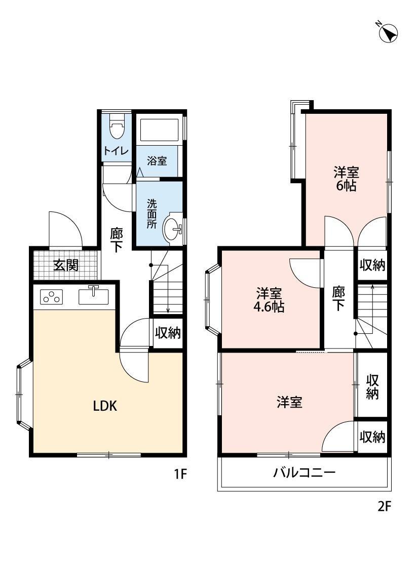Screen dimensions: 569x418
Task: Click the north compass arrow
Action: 389,33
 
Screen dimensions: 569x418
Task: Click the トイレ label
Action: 116,151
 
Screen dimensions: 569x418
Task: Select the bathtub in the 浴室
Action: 159,130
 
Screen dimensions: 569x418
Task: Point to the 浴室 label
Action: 157,161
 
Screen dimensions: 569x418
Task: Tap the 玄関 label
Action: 66,265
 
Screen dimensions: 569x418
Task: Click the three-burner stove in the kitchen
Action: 51,297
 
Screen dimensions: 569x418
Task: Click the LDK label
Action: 105,405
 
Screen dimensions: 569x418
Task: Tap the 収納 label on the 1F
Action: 168,332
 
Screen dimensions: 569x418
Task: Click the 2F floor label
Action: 385,506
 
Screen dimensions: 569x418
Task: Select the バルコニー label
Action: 305,473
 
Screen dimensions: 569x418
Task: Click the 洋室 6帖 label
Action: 346,178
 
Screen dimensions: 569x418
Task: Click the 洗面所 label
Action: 152,213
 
